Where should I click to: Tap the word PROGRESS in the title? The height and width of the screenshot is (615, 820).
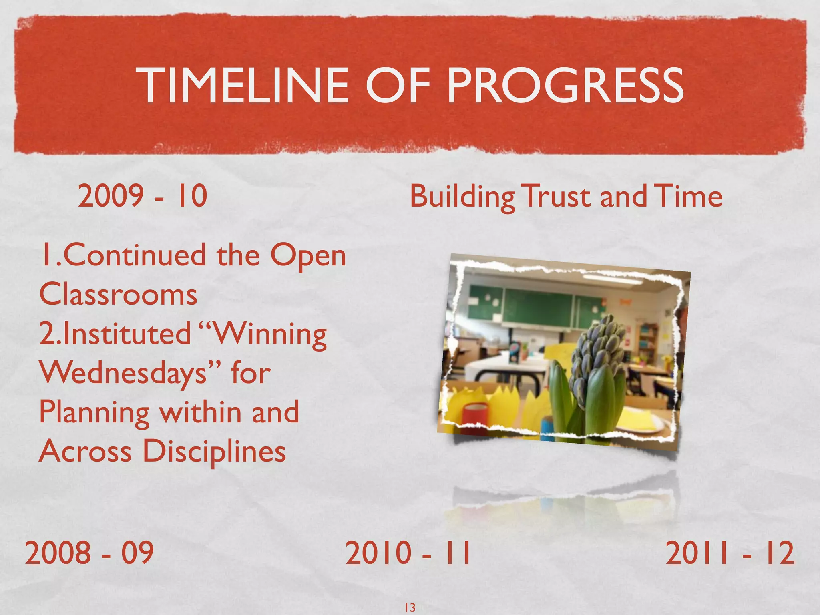[x=565, y=86]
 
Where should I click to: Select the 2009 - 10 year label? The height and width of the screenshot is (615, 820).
[x=143, y=196]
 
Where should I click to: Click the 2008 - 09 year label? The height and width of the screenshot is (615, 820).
[x=89, y=553]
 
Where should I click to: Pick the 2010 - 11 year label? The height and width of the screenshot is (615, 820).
[x=408, y=553]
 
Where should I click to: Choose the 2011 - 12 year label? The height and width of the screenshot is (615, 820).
[x=730, y=553]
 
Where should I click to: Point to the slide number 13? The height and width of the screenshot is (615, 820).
[x=410, y=607]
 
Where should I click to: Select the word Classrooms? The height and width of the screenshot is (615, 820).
[x=119, y=295]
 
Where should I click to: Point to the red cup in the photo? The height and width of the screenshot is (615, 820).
[x=476, y=418]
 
